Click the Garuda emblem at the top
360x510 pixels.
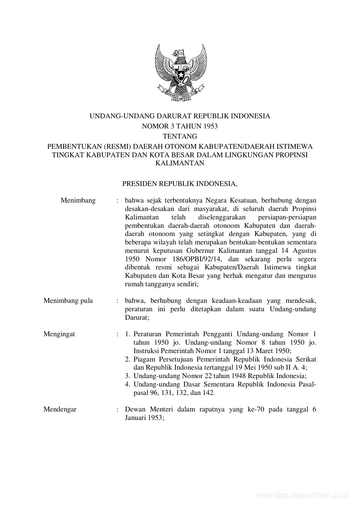tap(180, 73)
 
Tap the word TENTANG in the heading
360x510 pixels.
tap(180, 136)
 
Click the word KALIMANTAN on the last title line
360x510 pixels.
tap(180, 163)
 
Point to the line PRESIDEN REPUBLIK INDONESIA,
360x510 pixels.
tap(180, 184)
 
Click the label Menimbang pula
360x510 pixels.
tap(68, 300)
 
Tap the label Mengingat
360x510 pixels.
tap(59, 334)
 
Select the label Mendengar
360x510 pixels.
tap(60, 409)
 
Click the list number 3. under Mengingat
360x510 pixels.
tap(127, 376)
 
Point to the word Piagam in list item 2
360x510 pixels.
tap(143, 359)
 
